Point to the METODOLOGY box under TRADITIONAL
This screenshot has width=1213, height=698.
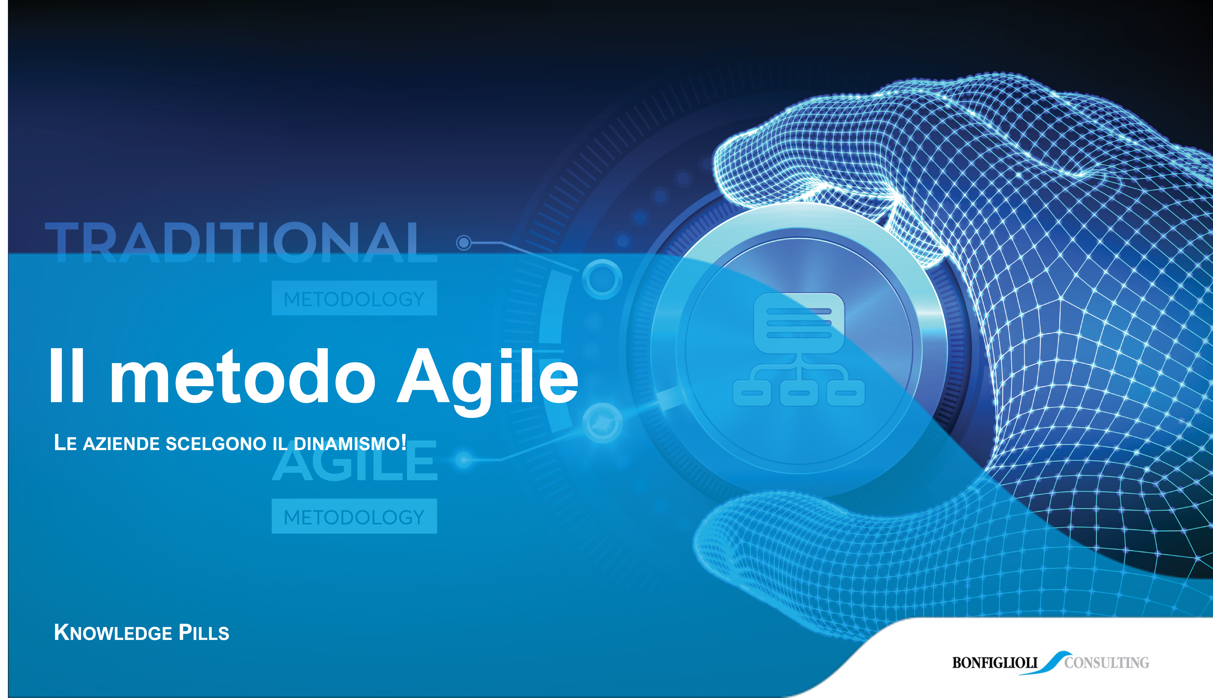click(x=354, y=298)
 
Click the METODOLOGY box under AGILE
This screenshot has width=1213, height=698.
click(x=354, y=516)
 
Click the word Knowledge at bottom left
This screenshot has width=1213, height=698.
click(x=113, y=633)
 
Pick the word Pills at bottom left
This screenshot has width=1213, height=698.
click(x=204, y=633)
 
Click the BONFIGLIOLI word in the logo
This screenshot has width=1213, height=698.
click(x=994, y=663)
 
